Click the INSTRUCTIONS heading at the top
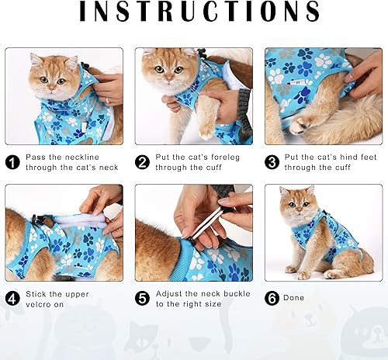point(194,12)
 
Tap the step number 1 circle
point(13,161)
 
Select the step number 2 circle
point(142,161)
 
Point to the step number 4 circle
point(13,299)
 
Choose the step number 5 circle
point(142,299)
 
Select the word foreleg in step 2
point(230,156)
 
